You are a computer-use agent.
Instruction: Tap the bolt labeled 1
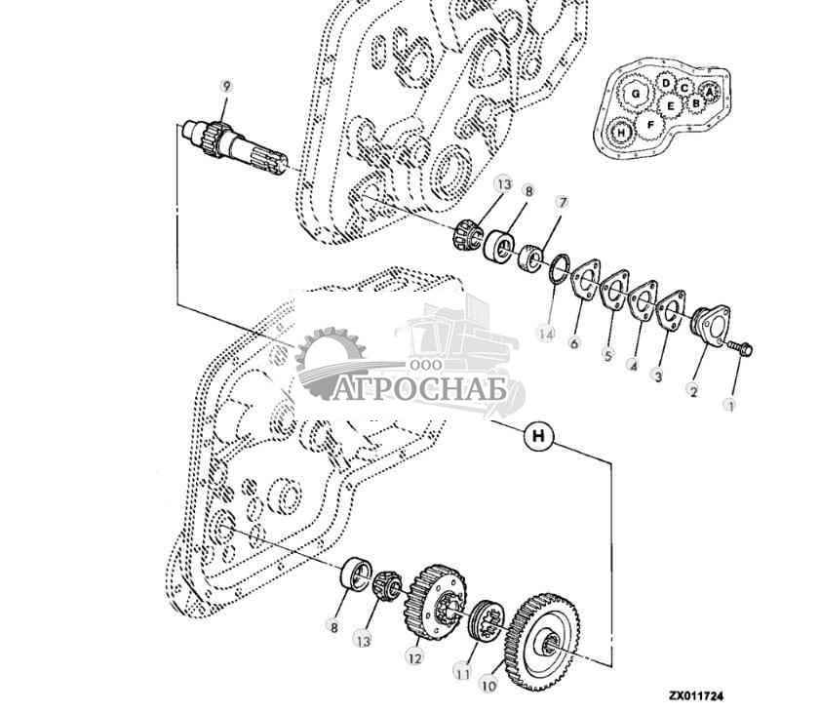(742, 347)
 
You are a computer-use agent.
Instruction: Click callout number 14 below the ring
(546, 334)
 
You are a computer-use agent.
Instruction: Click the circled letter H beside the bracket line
(537, 436)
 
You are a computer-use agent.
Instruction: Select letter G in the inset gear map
(637, 94)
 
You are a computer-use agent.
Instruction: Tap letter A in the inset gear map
(710, 91)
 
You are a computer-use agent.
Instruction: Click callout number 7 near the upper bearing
(562, 203)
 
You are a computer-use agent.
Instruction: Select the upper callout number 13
(503, 184)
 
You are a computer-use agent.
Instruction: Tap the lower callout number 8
(333, 629)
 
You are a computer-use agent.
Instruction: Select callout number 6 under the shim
(575, 342)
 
